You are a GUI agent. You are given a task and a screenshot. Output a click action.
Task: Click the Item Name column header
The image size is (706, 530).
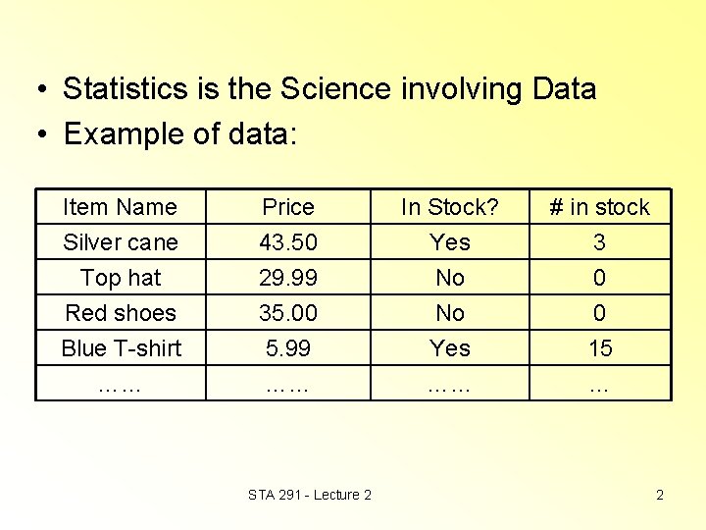click(x=120, y=207)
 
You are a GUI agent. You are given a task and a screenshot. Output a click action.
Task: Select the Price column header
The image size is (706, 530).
click(x=288, y=207)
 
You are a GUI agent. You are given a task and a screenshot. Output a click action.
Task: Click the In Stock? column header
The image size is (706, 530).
click(x=450, y=207)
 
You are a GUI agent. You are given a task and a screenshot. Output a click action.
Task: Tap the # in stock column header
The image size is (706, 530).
click(x=599, y=207)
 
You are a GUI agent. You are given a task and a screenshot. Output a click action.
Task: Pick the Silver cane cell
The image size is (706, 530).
click(x=120, y=242)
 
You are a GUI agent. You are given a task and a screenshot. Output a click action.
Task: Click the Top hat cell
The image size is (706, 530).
click(x=120, y=278)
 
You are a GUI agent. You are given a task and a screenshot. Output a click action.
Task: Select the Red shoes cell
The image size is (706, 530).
click(x=120, y=313)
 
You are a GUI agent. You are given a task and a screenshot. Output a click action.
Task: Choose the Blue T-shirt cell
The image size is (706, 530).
click(x=120, y=348)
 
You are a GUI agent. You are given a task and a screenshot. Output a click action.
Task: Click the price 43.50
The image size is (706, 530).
click(x=288, y=242)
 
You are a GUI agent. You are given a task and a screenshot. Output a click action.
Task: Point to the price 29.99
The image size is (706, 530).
click(x=288, y=278)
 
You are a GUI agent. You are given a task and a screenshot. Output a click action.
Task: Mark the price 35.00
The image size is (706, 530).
click(x=288, y=313)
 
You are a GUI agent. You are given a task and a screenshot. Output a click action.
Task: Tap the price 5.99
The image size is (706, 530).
click(x=288, y=348)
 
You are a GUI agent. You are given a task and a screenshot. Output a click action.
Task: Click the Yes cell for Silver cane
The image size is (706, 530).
click(x=450, y=242)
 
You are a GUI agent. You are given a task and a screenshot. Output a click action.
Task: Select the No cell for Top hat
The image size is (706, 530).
click(x=450, y=278)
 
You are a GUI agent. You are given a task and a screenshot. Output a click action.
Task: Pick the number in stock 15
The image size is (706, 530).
click(x=599, y=348)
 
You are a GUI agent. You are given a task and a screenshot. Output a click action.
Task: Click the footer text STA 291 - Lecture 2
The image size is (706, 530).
click(x=310, y=495)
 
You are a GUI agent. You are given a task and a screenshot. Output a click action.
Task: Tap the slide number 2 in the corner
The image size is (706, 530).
click(x=660, y=495)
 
